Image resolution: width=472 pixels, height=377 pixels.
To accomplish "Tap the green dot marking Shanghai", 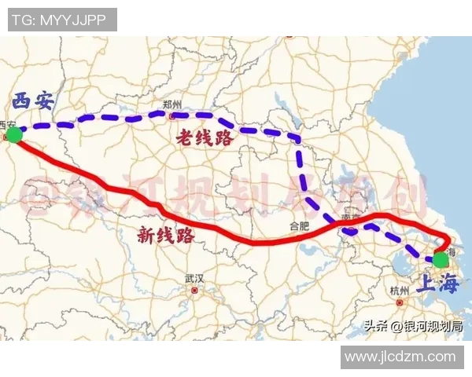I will click(x=441, y=259).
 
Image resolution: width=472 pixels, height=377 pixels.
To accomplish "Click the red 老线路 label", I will click(x=205, y=138).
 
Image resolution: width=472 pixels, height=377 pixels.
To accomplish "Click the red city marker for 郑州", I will click(x=172, y=116).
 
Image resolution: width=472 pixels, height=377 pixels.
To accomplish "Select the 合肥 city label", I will click(x=300, y=225).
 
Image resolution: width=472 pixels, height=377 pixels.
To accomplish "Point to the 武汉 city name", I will click(x=194, y=279).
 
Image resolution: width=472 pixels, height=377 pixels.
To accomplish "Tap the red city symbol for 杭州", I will click(x=400, y=302).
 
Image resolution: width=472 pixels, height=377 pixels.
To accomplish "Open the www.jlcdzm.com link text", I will click(x=400, y=357).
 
